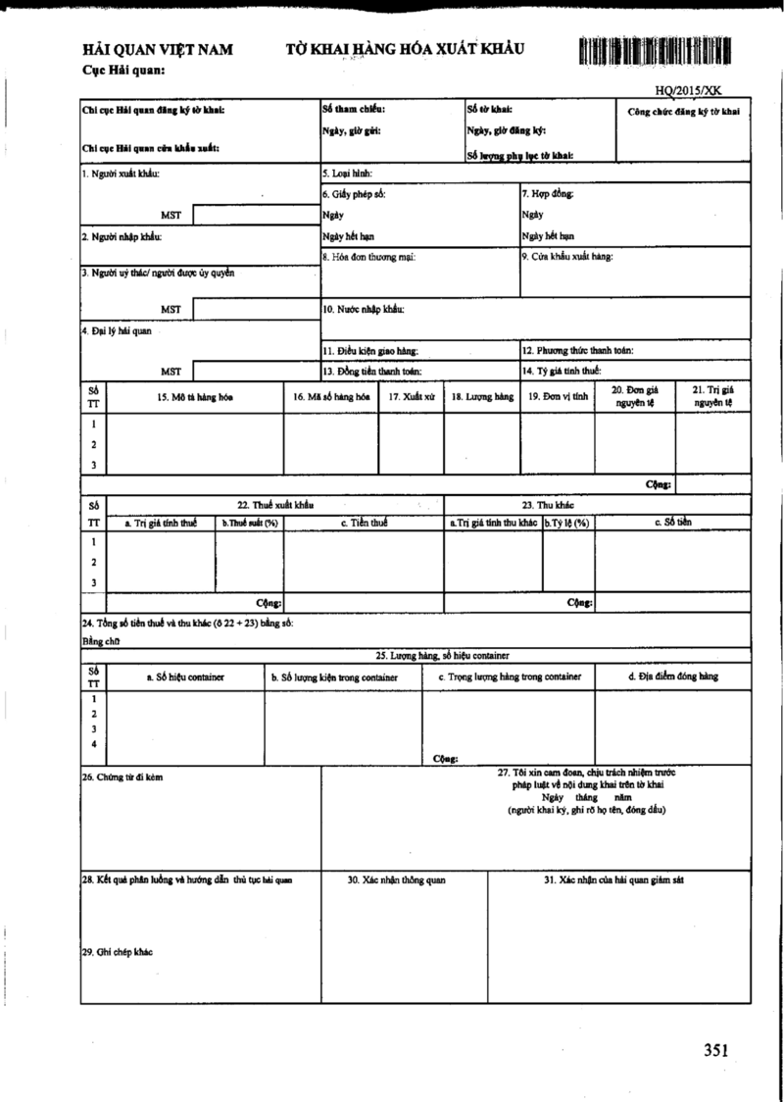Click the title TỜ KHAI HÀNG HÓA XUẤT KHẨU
406,48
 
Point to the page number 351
715,1051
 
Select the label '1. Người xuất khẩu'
121,175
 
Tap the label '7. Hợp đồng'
547,194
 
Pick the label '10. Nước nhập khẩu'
364,310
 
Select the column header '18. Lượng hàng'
482,397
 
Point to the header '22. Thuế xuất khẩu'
274,504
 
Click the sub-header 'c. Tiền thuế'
364,523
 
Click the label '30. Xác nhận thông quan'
397,880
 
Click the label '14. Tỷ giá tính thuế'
562,371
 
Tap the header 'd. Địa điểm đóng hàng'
672,676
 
